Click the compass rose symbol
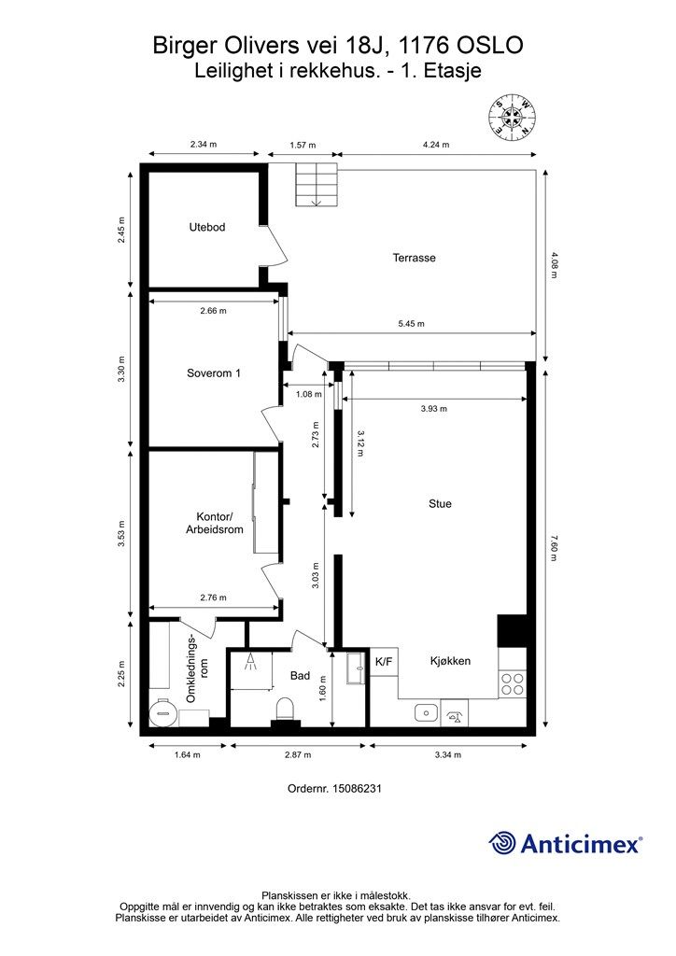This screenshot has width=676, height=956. (513, 117)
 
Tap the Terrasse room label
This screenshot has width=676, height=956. (414, 258)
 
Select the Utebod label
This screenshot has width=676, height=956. (207, 228)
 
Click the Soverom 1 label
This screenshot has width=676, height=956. (213, 373)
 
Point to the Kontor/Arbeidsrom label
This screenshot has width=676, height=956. (215, 523)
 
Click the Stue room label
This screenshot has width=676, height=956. (440, 503)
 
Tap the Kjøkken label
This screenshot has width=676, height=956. (450, 661)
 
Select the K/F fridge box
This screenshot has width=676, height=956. (384, 662)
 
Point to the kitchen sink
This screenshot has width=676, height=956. (426, 712)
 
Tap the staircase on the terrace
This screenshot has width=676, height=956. (317, 185)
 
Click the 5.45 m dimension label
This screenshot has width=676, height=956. (412, 323)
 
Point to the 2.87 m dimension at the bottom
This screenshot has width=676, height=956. (298, 754)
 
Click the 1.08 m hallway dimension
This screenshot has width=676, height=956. (308, 394)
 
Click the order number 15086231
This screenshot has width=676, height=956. (357, 788)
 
